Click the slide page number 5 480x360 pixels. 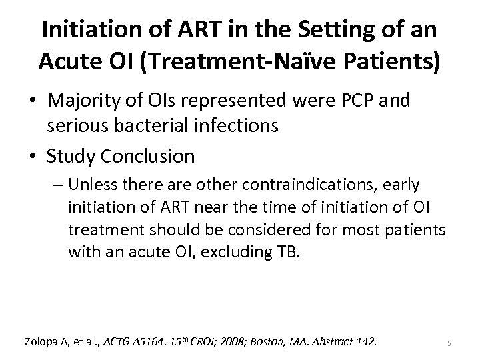(x=449, y=343)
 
